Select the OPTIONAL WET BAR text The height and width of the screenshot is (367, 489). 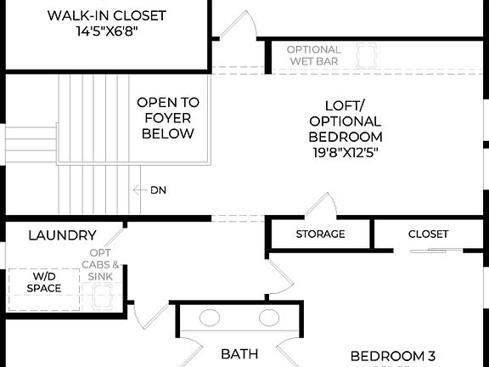tap(313, 56)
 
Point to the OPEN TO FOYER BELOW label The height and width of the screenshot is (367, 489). tap(168, 117)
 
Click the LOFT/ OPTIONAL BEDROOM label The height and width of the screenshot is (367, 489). tap(345, 121)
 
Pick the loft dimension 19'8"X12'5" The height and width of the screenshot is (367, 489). tap(345, 153)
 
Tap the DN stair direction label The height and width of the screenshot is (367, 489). tap(158, 190)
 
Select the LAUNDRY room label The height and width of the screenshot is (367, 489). tap(62, 235)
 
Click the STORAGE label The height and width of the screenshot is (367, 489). tap(320, 234)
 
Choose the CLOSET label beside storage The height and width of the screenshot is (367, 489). tap(428, 234)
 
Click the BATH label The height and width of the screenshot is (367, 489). tap(239, 353)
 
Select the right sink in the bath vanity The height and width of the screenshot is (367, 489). tap(268, 319)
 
